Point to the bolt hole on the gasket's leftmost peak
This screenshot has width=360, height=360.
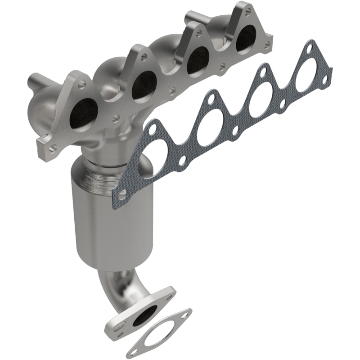(x=152, y=129)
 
